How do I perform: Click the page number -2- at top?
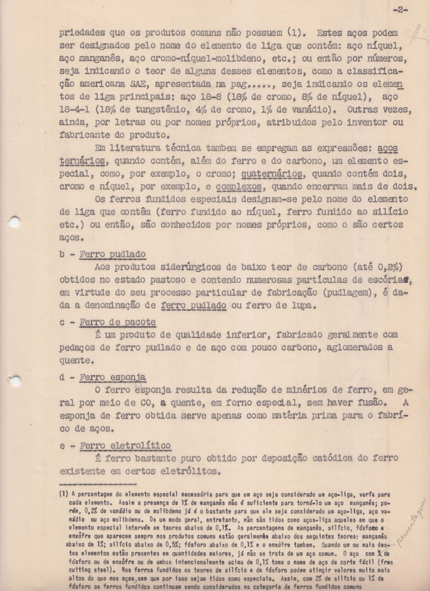pos(400,10)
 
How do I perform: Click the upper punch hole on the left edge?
pos(15,222)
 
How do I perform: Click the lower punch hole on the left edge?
pos(15,381)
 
